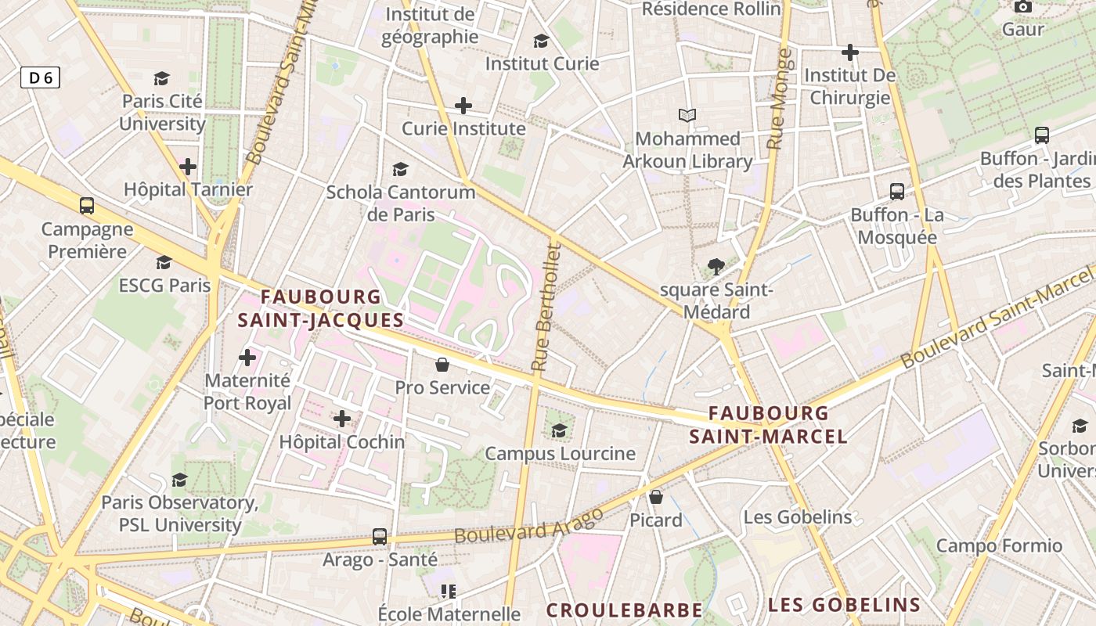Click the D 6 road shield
click(x=40, y=77)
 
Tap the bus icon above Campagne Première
click(x=87, y=206)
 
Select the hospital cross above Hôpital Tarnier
click(x=188, y=167)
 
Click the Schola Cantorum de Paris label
click(x=400, y=203)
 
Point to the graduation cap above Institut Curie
click(x=541, y=41)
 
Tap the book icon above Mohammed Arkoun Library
click(x=687, y=116)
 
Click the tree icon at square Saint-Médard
click(x=716, y=267)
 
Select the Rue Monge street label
click(x=781, y=99)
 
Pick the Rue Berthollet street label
click(x=546, y=307)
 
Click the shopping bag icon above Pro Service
click(x=442, y=365)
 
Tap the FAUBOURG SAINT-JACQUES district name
click(x=320, y=308)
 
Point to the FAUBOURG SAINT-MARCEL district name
click(x=768, y=425)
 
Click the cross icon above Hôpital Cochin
click(x=342, y=419)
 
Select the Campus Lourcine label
click(x=560, y=453)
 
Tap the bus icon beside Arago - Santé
click(x=380, y=537)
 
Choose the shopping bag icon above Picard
click(x=656, y=497)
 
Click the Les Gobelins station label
click(x=797, y=517)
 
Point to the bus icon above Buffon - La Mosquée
click(x=897, y=191)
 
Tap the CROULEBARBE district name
click(x=624, y=610)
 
